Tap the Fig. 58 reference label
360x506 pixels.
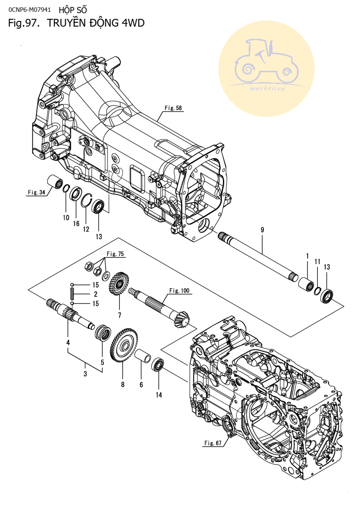pyautogui.click(x=173, y=108)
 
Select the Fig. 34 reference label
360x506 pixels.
pyautogui.click(x=36, y=192)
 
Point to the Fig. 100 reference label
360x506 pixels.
pyautogui.click(x=180, y=291)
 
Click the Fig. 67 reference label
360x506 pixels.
pyautogui.click(x=213, y=443)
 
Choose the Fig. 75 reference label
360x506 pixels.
pyautogui.click(x=115, y=254)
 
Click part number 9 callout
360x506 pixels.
pyautogui.click(x=262, y=230)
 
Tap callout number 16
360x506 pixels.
pyautogui.click(x=76, y=223)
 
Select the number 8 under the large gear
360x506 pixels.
pyautogui.click(x=123, y=384)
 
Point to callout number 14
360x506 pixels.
pyautogui.click(x=159, y=395)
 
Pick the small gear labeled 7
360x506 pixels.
pyautogui.click(x=119, y=283)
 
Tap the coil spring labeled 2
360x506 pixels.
pyautogui.click(x=72, y=294)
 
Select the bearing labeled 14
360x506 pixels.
pyautogui.click(x=158, y=364)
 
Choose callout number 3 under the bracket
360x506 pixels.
pyautogui.click(x=85, y=374)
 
